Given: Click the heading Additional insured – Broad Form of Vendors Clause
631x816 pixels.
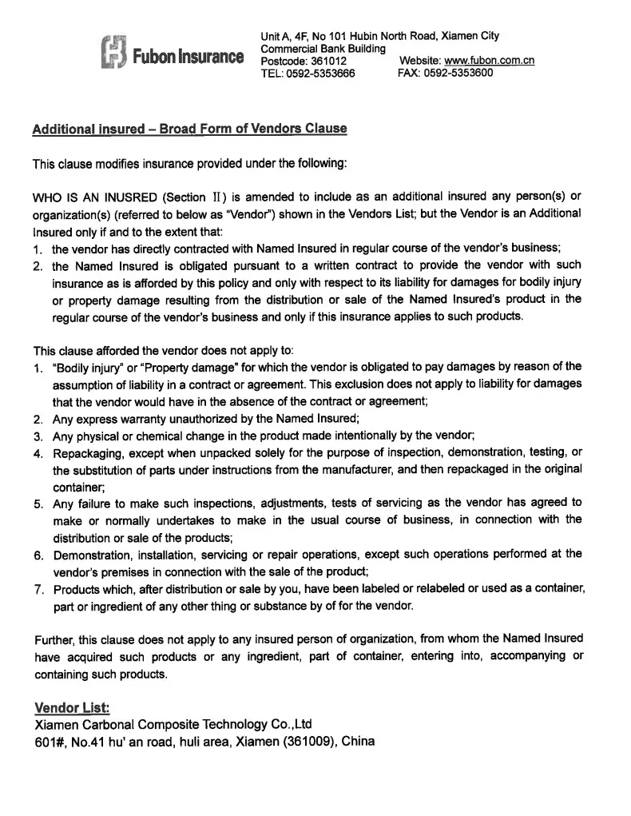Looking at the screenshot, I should coord(189,129).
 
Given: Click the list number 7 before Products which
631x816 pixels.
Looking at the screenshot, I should coord(38,590).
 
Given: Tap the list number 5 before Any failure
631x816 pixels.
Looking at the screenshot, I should coord(38,504).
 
